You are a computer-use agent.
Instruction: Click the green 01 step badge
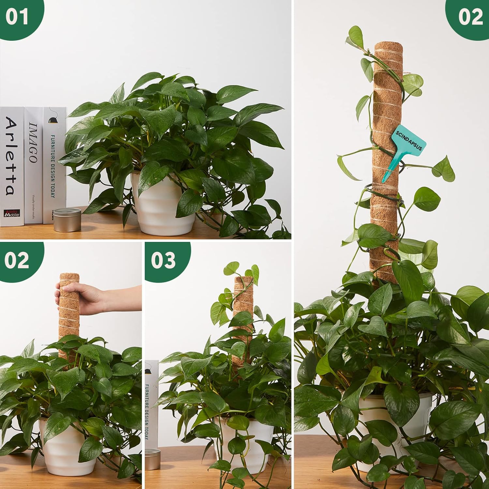(17, 17)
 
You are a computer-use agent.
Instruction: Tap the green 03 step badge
(163, 260)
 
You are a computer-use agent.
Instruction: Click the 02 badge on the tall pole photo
(470, 17)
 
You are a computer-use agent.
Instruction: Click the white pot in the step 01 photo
(161, 209)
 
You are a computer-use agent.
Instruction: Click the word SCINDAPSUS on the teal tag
(409, 139)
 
